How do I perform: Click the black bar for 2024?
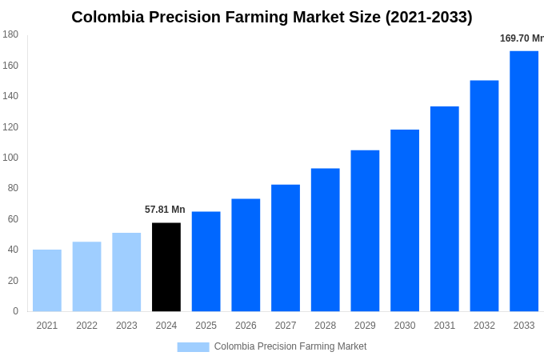point(166,267)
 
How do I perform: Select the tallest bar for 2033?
point(524,182)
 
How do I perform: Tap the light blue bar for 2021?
point(47,281)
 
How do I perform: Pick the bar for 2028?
point(326,240)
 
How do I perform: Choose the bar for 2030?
point(405,221)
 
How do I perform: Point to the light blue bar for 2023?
point(126,272)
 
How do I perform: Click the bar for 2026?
point(246,255)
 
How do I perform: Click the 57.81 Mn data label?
point(165,210)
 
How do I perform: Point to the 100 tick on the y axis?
point(10,158)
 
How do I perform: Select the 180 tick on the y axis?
point(10,34)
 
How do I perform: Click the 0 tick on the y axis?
point(15,311)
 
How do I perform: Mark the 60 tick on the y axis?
point(13,219)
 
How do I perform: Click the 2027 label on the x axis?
point(286,326)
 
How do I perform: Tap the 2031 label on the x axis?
point(445,326)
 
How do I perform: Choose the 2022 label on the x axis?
point(86,326)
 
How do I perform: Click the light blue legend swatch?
point(193,347)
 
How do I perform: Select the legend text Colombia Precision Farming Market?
point(290,346)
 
